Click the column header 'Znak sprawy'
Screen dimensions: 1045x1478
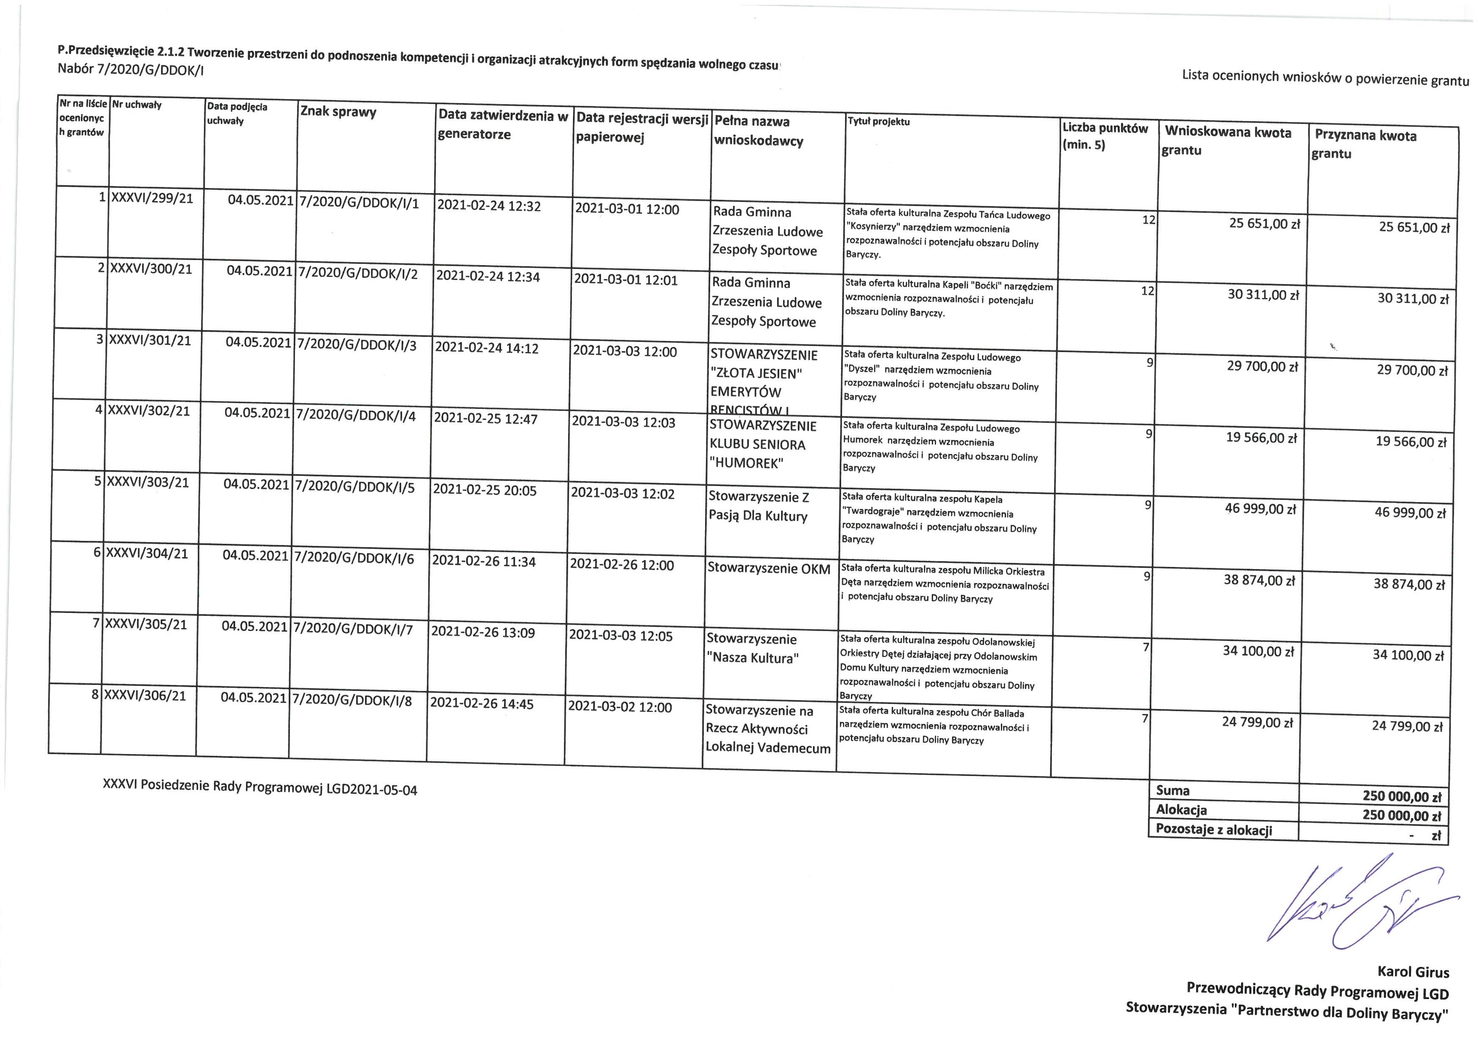338,112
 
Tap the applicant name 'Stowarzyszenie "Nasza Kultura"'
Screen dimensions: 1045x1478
752,648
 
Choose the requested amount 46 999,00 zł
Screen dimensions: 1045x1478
1260,509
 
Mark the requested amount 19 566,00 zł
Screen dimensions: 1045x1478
1261,438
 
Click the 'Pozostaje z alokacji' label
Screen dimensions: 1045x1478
1213,829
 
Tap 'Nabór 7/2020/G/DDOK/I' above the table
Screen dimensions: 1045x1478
131,70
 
